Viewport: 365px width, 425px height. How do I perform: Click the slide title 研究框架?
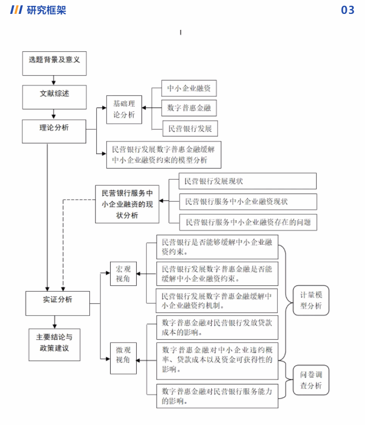pos(46,10)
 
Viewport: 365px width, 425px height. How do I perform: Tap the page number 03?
pos(347,10)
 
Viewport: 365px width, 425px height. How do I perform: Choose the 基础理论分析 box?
pos(124,109)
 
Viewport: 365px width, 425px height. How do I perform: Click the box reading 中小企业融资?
pos(189,89)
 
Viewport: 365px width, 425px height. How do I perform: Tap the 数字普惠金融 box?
pos(189,108)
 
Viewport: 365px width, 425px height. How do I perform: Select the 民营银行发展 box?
pos(190,129)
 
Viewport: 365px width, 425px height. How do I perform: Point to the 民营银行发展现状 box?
pos(243,181)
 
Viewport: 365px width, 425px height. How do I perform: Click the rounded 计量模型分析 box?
pos(311,301)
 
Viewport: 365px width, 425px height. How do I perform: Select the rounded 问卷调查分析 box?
pos(311,380)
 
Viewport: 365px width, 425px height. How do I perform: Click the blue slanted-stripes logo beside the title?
pos(16,10)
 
